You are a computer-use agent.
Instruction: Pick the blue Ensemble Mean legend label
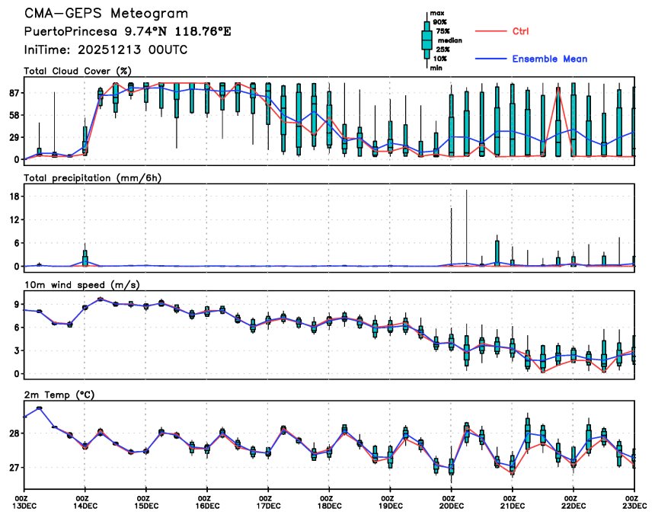pos(549,59)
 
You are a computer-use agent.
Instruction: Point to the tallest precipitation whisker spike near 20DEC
pos(466,192)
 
